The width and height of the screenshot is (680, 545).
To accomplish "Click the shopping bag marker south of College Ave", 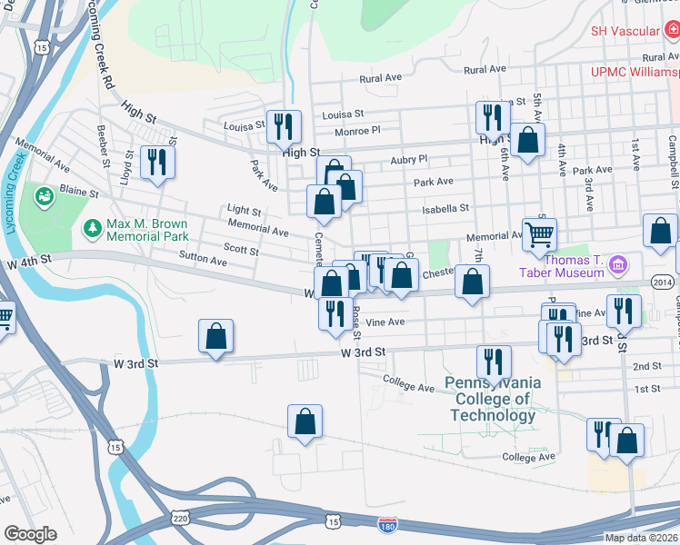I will pos(305,421).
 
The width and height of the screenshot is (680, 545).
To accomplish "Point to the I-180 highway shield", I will pos(387,524).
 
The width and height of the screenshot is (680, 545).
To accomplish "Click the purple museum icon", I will pos(618,265).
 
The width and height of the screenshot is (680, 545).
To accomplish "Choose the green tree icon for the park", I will pos(91,224).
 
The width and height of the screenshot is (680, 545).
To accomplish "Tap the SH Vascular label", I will pos(625,31).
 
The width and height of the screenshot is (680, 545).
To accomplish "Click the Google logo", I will pos(30,534).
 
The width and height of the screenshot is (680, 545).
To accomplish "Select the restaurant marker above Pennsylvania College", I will pos(494,362).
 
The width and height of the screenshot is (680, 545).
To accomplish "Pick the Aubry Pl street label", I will pos(408,159).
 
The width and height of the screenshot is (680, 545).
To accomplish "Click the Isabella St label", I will pos(445,208).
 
